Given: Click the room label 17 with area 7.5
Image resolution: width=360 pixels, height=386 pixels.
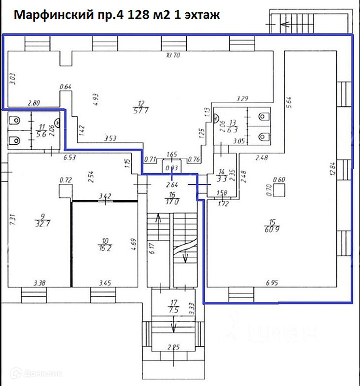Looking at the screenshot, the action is (174, 307).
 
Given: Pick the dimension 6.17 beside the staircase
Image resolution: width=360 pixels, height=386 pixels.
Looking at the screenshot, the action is (151, 250).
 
